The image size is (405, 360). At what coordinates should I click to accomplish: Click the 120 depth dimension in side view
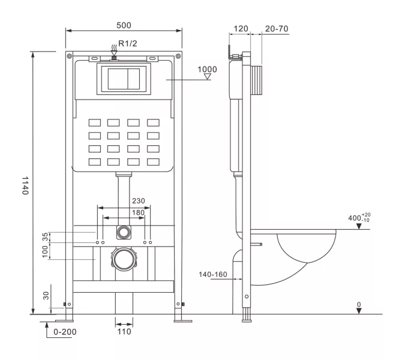coord(241,28)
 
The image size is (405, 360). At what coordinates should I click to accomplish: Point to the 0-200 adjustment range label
coord(65,331)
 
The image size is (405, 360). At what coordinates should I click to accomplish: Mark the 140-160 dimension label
coord(213,274)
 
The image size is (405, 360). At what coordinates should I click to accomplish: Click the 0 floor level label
coord(359,305)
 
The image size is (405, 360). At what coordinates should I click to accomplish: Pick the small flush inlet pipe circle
coord(124,231)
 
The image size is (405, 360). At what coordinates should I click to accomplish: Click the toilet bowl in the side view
coord(306,249)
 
